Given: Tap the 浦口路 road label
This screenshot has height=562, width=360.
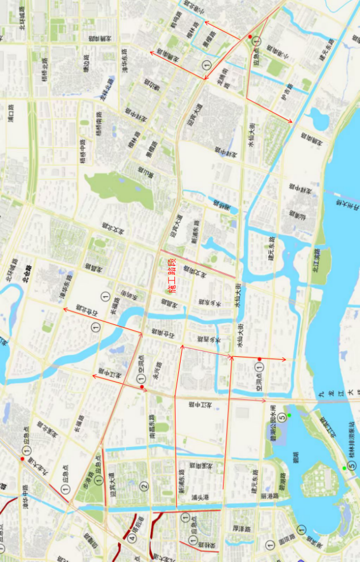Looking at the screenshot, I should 11,113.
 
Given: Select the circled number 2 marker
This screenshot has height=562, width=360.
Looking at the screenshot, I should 145,486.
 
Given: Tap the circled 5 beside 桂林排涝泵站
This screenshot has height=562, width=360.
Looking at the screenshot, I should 351,466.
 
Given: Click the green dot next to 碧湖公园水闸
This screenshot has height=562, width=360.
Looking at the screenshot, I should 289,415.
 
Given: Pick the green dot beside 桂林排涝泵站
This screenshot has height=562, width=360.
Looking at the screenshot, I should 344,469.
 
